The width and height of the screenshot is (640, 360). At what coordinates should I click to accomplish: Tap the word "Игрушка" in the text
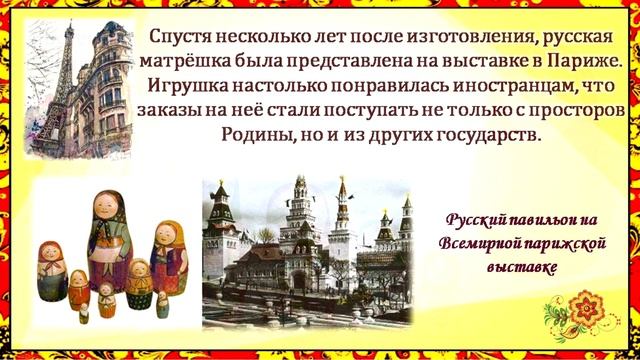coord(186,84)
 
